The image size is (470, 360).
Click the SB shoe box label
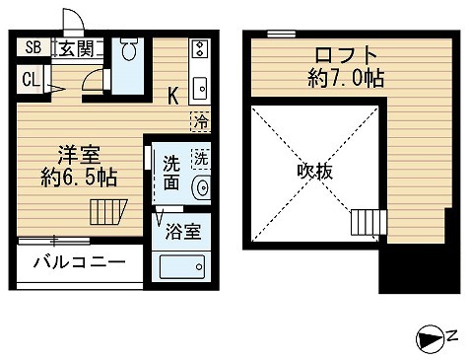click(33, 46)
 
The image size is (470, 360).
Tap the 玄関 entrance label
click(73, 46)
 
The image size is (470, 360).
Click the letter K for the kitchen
click(172, 96)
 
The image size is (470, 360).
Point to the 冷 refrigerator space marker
click(200, 122)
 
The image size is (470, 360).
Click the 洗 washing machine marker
click(201, 158)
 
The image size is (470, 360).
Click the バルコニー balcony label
click(79, 263)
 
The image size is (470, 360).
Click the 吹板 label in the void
click(316, 171)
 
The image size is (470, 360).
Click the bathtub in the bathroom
click(184, 265)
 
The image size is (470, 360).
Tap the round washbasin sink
click(204, 187)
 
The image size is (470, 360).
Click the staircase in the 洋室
click(104, 211)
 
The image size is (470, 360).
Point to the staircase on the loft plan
click(364, 224)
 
